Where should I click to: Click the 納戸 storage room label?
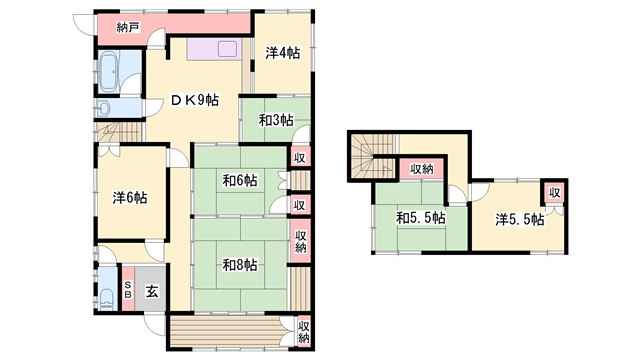(128, 28)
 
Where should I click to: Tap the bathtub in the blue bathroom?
(109, 72)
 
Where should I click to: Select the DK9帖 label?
(194, 100)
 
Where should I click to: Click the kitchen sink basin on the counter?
(227, 49)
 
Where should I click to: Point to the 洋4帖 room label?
(282, 53)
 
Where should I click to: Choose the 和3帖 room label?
(276, 120)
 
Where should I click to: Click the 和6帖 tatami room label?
(240, 180)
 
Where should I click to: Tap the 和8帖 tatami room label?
(240, 265)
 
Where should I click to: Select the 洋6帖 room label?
(130, 198)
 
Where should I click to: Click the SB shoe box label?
(128, 289)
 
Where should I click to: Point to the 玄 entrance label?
(151, 291)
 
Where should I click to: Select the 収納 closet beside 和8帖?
(301, 241)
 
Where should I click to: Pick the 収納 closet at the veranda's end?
(304, 332)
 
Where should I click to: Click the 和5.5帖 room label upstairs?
(421, 218)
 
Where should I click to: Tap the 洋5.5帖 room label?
(520, 220)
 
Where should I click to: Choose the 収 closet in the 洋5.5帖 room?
(554, 192)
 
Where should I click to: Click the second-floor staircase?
(373, 156)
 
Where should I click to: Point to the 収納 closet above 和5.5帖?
(421, 169)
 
